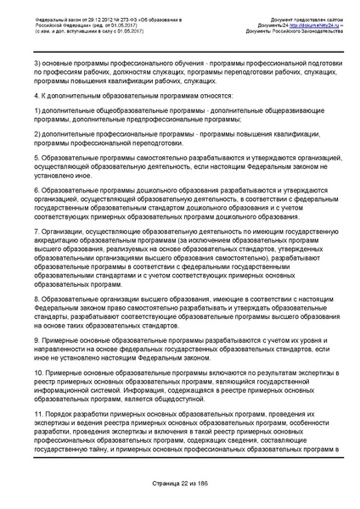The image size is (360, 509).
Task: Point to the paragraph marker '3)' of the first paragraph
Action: pyautogui.click(x=37, y=64)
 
